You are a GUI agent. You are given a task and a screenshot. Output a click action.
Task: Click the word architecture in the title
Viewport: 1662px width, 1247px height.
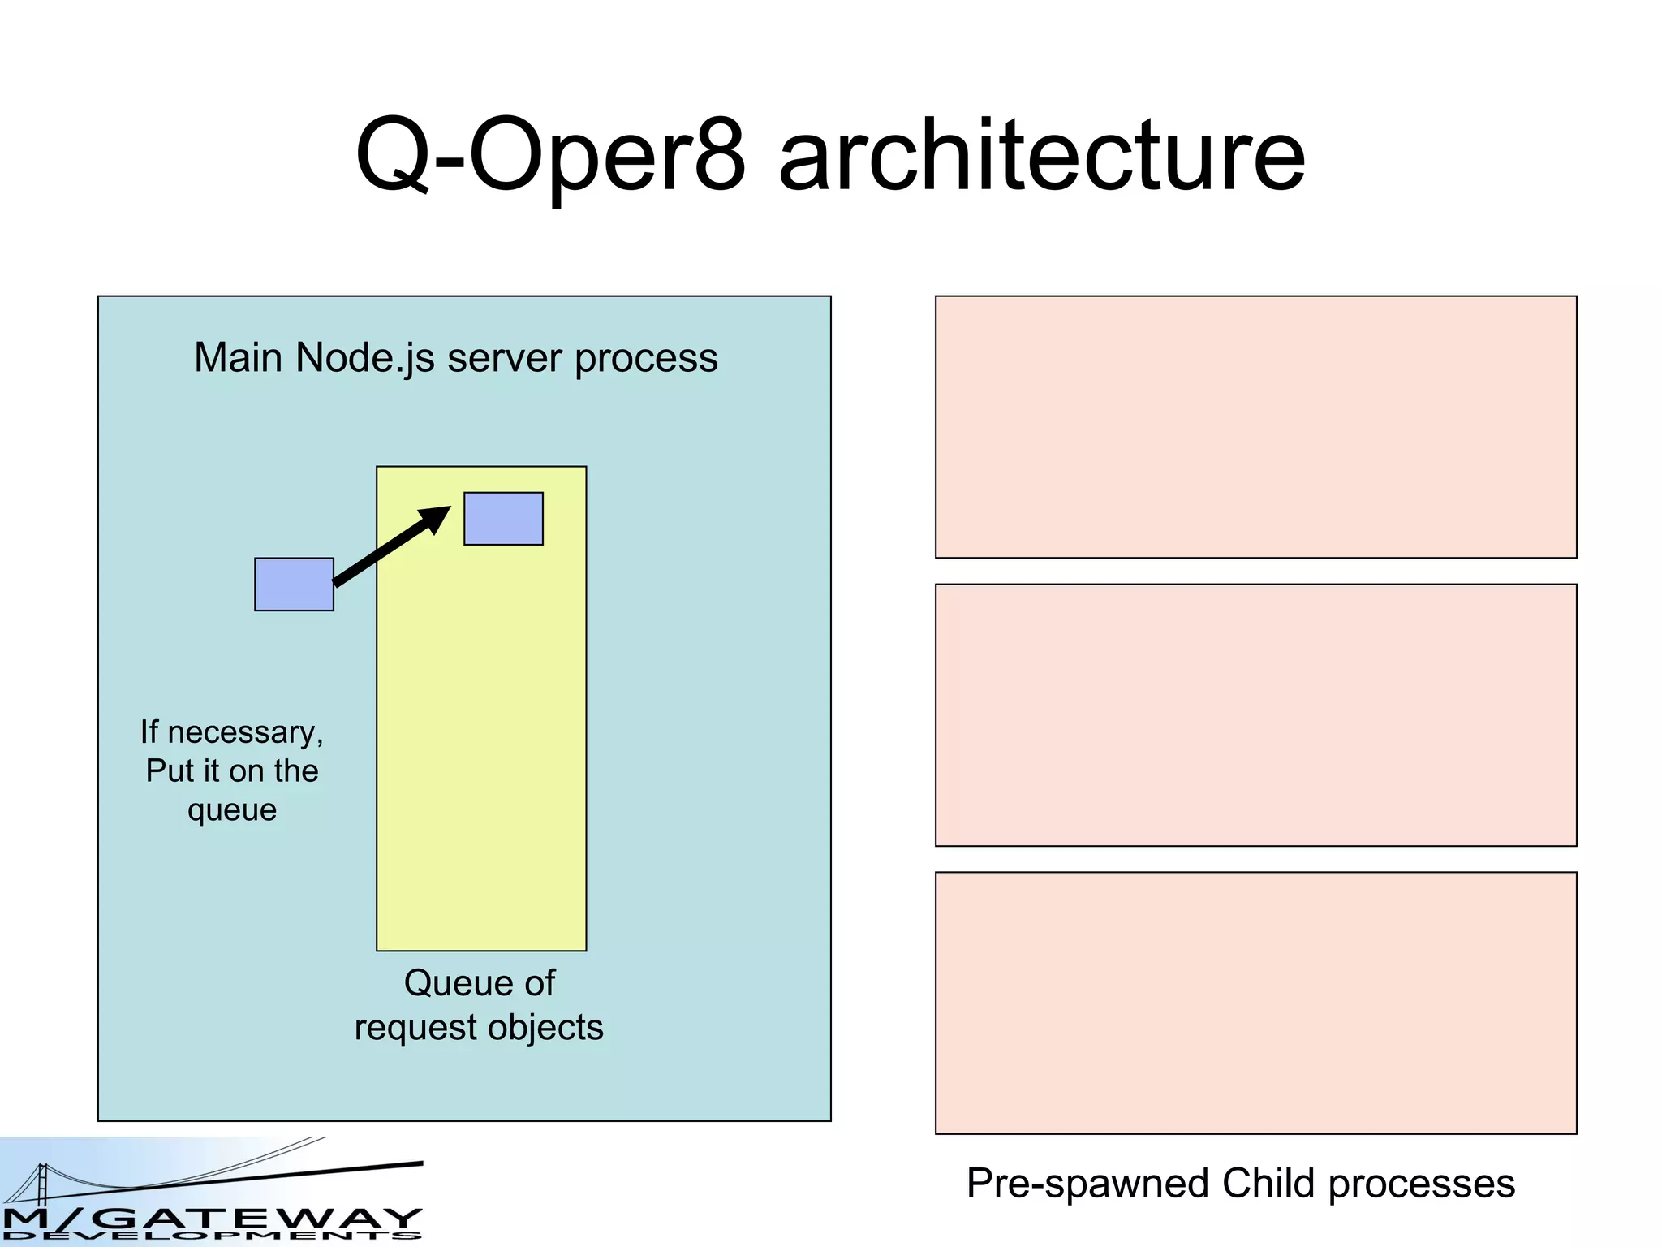[1042, 156]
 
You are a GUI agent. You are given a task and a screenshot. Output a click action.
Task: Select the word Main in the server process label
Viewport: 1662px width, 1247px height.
[239, 358]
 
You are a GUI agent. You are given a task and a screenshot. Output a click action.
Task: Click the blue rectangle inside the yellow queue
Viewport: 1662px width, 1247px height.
[503, 519]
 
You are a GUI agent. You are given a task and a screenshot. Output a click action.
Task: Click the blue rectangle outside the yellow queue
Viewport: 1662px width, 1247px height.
[294, 585]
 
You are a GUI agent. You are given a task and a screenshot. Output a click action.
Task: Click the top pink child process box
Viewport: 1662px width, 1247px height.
[1255, 427]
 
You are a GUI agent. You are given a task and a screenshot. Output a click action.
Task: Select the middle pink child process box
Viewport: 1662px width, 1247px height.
[1255, 715]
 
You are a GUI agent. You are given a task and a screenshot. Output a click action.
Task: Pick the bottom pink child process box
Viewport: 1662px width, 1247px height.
[1255, 1003]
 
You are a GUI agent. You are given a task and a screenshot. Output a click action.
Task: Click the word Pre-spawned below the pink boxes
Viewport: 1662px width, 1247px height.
[1088, 1184]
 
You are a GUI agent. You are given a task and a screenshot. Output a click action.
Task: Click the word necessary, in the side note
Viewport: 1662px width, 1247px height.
[245, 733]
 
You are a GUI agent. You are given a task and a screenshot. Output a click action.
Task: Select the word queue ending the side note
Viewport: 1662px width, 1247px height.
[232, 810]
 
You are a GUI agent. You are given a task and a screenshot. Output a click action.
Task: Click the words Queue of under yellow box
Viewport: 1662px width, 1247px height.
[479, 983]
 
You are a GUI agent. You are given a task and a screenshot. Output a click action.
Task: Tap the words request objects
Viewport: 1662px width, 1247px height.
[479, 1028]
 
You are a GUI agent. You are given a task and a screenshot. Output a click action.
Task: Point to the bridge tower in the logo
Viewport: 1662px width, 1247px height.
[42, 1184]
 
